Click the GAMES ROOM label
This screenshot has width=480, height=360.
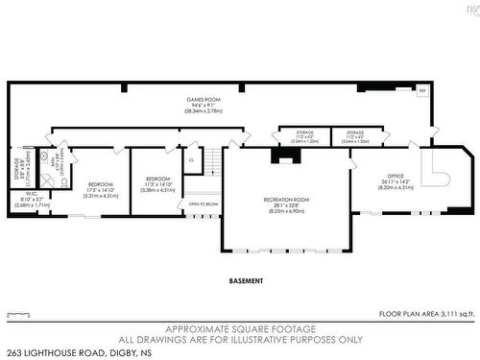(202, 99)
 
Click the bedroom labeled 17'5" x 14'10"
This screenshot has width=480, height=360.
(101, 183)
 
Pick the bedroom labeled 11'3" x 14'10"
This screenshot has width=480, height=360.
(157, 179)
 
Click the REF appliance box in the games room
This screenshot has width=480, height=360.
(421, 90)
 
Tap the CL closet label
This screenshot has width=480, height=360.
(192, 160)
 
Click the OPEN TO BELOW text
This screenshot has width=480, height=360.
(204, 204)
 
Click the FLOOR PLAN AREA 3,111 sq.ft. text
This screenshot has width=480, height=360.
(426, 314)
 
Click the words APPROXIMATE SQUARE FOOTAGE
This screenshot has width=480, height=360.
(241, 327)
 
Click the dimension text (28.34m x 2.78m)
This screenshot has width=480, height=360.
(202, 110)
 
